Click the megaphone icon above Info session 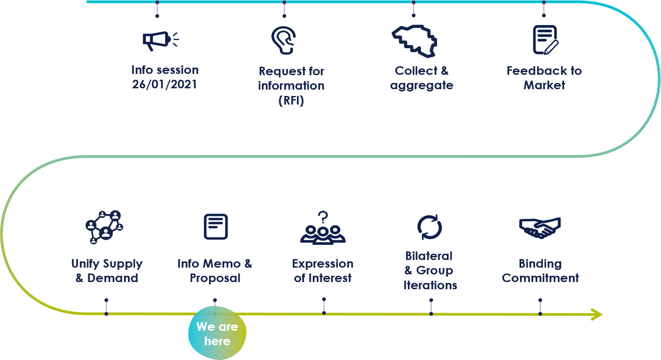161,41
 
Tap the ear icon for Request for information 283,41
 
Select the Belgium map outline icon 414,41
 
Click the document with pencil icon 545,40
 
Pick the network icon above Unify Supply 104,227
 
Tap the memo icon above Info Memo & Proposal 216,226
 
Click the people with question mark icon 323,228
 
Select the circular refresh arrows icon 429,227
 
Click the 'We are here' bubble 217,333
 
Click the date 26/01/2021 164,84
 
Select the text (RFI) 291,100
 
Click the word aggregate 422,86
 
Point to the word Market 544,85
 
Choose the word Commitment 540,278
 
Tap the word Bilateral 429,256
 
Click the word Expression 323,264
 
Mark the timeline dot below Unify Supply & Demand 106,314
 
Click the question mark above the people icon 323,217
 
